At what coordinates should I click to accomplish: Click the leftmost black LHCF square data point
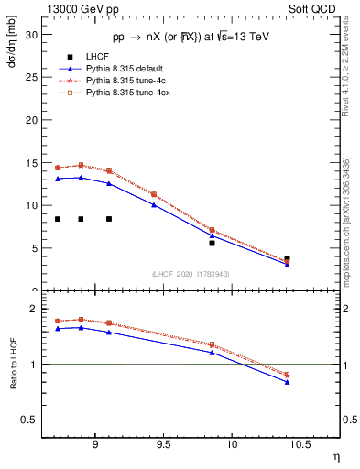pos(58,219)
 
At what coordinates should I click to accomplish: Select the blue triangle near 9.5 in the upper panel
pos(154,204)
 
